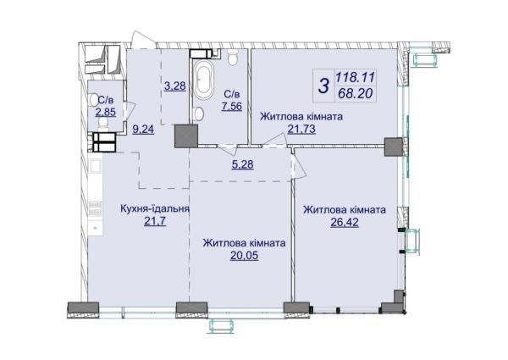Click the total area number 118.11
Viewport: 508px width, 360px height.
coord(355,77)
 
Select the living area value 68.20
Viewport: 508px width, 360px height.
coord(355,94)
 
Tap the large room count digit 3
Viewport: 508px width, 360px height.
coord(323,86)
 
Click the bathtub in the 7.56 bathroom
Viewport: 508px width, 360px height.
coord(203,80)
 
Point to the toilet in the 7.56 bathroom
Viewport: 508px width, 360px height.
coord(232,58)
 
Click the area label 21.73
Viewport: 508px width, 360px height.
coord(301,130)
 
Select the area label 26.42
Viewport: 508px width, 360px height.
coord(345,223)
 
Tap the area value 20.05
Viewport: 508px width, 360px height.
coord(245,256)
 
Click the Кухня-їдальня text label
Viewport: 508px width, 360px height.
coord(155,208)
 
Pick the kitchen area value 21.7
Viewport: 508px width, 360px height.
coord(155,221)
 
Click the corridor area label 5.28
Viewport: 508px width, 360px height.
coord(243,164)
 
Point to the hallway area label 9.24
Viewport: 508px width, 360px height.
coord(143,130)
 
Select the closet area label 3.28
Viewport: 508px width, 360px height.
coord(175,86)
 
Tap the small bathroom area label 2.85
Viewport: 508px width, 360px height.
coord(105,112)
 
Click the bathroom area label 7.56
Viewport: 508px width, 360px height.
coord(232,106)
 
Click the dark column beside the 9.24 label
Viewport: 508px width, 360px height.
coord(186,136)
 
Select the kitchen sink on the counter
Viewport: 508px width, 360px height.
coord(97,166)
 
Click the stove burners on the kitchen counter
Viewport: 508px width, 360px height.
coord(95,208)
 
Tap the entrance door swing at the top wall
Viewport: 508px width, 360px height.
coord(143,40)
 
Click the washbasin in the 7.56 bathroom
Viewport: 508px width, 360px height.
coord(199,114)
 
